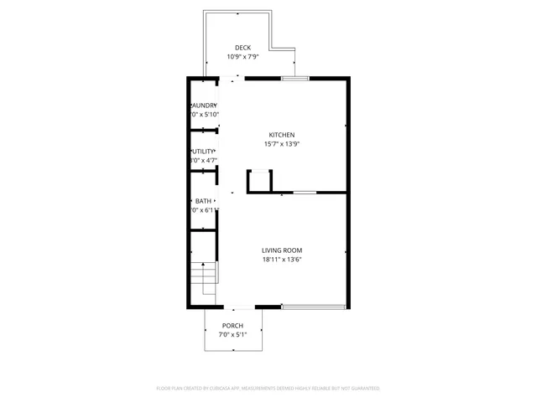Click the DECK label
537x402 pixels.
242,48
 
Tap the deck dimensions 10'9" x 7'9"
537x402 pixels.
242,57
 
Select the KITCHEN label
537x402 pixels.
281,135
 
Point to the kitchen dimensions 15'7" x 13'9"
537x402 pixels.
281,144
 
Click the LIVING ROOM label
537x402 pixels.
281,250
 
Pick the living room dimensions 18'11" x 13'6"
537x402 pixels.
281,260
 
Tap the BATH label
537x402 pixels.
204,201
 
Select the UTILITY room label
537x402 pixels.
204,151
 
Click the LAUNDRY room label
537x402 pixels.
204,105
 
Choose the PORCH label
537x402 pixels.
232,326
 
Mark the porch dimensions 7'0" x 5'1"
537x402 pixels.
232,335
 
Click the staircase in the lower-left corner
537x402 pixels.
204,277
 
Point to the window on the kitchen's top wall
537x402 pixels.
295,79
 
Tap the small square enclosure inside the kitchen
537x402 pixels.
259,181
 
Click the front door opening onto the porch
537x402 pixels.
239,307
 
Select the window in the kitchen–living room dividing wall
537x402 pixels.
305,193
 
